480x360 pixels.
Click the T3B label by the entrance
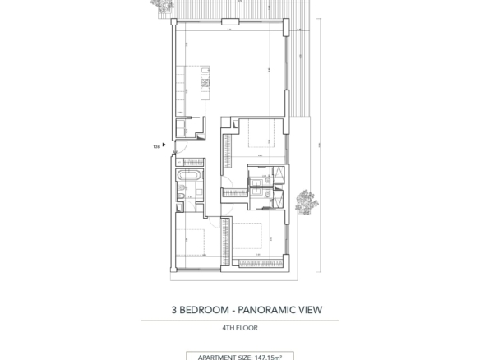(155, 146)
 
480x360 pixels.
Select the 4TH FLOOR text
(240, 328)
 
